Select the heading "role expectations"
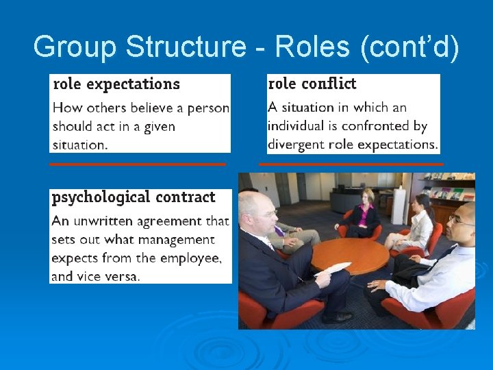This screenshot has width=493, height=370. tap(116, 84)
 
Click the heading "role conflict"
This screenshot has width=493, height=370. tap(312, 84)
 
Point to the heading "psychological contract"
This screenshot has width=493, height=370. tap(133, 197)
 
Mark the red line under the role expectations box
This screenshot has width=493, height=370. tap(138, 164)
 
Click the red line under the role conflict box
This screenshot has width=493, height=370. tap(351, 164)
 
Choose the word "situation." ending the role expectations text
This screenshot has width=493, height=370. tap(80, 145)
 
